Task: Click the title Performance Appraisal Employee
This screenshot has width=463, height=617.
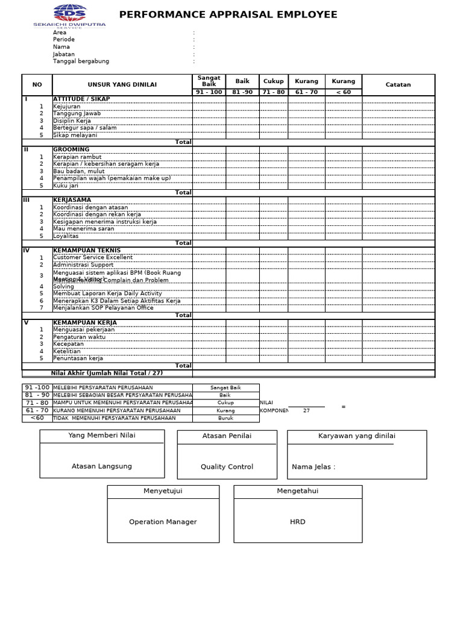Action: coord(228,15)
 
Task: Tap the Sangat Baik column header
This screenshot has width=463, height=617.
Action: coord(209,81)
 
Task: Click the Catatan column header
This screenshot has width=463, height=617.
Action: coord(398,85)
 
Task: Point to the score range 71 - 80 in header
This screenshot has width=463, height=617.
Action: coord(274,92)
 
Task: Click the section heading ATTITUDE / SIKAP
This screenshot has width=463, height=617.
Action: coord(81,99)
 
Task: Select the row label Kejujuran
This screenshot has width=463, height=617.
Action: coord(66,107)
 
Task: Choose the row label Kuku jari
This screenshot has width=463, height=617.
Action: coord(66,186)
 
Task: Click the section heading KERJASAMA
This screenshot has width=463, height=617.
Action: coord(72,200)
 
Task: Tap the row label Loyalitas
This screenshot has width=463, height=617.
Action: coord(66,236)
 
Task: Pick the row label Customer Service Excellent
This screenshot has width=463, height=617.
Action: coord(92,257)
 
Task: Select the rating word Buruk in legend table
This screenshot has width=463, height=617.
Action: coord(225,418)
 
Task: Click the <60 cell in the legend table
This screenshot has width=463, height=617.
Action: coord(37,418)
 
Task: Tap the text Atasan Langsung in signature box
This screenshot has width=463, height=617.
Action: coord(101,466)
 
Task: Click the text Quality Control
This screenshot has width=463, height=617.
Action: coord(227,467)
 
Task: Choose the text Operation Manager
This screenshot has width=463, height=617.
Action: coord(163,522)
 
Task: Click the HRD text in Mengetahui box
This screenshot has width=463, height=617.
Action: coord(298,522)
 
